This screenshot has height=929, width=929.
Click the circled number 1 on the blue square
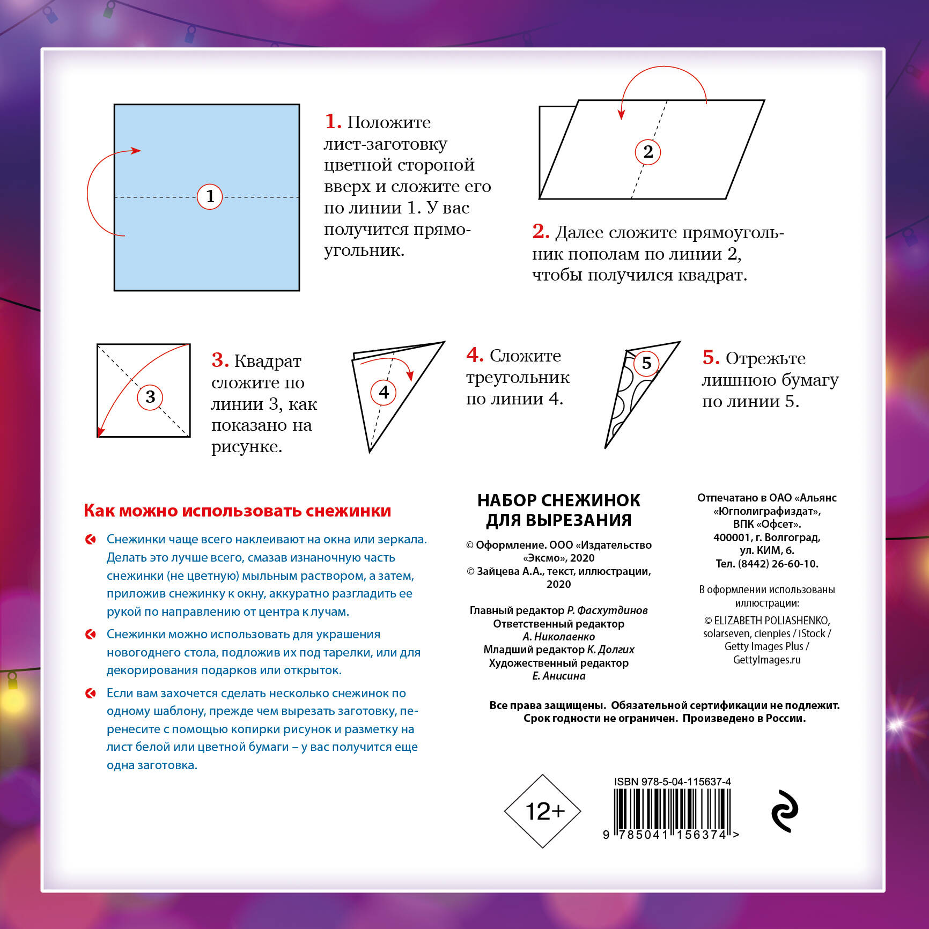click(x=210, y=196)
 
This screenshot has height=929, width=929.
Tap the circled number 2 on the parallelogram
click(x=648, y=152)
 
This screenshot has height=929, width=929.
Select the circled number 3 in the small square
click(x=150, y=397)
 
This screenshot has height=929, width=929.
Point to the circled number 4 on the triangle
click(x=384, y=392)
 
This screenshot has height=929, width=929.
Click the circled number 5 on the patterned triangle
click(x=646, y=363)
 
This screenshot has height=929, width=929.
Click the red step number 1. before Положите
click(x=333, y=121)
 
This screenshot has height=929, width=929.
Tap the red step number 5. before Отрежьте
click(x=711, y=357)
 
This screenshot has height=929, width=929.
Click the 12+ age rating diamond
click(x=543, y=811)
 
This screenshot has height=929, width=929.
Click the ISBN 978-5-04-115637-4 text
click(x=673, y=781)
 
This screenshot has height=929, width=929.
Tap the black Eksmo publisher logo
click(x=785, y=811)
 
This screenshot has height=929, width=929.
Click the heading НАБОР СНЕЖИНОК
click(x=559, y=500)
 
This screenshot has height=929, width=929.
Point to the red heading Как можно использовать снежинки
click(x=237, y=511)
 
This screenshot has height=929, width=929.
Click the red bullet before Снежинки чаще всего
click(x=91, y=540)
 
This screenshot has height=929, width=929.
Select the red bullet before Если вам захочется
click(x=91, y=694)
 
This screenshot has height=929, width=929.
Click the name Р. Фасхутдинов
click(x=607, y=610)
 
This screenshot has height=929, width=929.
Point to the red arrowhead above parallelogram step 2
click(x=622, y=114)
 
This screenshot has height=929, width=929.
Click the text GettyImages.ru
click(x=767, y=660)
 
